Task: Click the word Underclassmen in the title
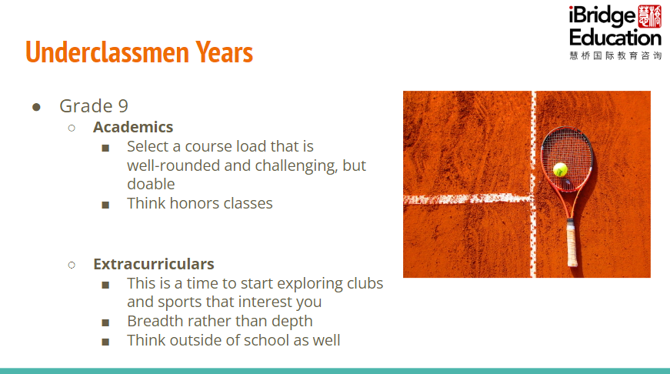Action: (x=107, y=52)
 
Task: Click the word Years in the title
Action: (x=225, y=52)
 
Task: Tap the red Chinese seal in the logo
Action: (x=649, y=16)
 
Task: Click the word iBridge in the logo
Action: (x=602, y=16)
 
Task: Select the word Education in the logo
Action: (x=615, y=38)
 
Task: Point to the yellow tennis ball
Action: (x=560, y=170)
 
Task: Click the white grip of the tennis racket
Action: (x=572, y=242)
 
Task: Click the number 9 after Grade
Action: (x=123, y=106)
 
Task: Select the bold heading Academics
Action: (x=133, y=127)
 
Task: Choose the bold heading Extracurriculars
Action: (x=154, y=264)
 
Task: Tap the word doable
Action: (x=151, y=184)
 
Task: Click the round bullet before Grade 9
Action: (x=36, y=107)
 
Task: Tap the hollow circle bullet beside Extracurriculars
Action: (x=72, y=265)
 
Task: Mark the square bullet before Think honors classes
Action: (x=105, y=205)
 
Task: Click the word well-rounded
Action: (x=173, y=165)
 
